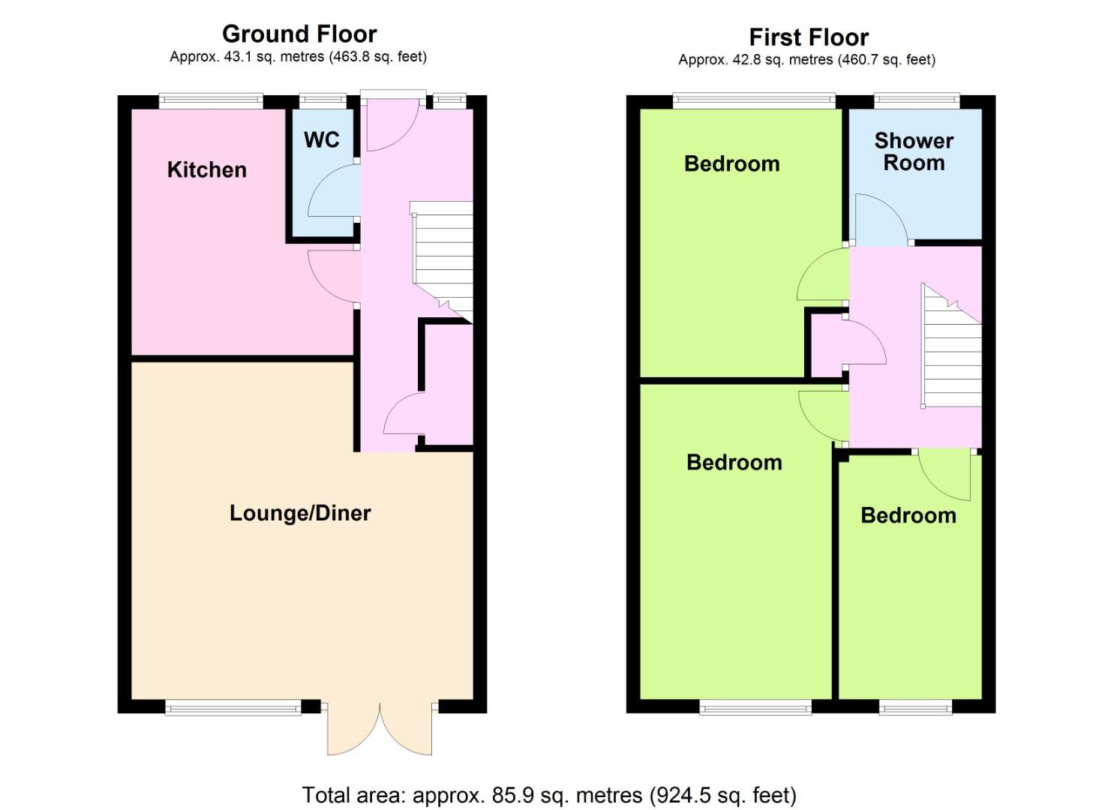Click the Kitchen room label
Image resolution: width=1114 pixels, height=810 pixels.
pyautogui.click(x=207, y=170)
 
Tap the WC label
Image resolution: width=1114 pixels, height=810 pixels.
pyautogui.click(x=322, y=139)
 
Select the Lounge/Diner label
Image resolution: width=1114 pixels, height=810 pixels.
pyautogui.click(x=300, y=514)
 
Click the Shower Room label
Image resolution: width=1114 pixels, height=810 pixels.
pyautogui.click(x=914, y=151)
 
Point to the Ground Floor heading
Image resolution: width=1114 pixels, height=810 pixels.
pyautogui.click(x=299, y=34)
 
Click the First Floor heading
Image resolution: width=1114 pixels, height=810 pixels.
pyautogui.click(x=809, y=37)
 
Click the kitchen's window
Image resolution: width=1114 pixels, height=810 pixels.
pyautogui.click(x=211, y=101)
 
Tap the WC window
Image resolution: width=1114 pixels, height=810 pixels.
pyautogui.click(x=323, y=101)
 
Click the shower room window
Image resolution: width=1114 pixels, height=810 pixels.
pyautogui.click(x=917, y=101)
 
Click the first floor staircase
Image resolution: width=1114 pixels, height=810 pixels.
pyautogui.click(x=951, y=346)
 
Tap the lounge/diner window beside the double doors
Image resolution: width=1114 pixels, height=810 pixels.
pyautogui.click(x=233, y=707)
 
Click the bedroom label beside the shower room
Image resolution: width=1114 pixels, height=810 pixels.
pyautogui.click(x=732, y=164)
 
